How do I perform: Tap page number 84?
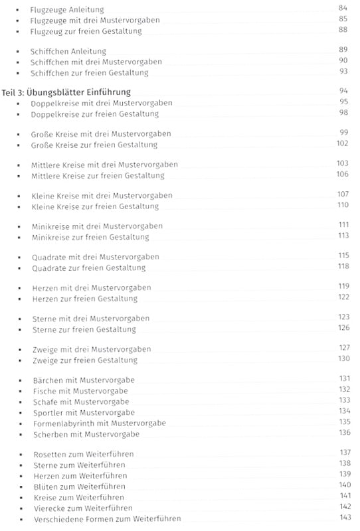tap(343, 8)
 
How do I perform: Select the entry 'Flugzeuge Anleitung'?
tap(68, 9)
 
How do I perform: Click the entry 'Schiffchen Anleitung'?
tap(68, 51)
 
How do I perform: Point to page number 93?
tap(343, 71)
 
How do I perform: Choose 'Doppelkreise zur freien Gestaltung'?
tap(95, 114)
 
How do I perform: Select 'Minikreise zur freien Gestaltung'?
tap(90, 237)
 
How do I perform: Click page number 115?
tap(343, 256)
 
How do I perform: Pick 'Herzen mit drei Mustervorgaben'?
tap(91, 287)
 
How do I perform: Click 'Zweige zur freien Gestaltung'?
tap(84, 360)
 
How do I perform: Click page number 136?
tap(343, 433)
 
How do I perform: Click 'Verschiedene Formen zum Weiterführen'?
tap(106, 518)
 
